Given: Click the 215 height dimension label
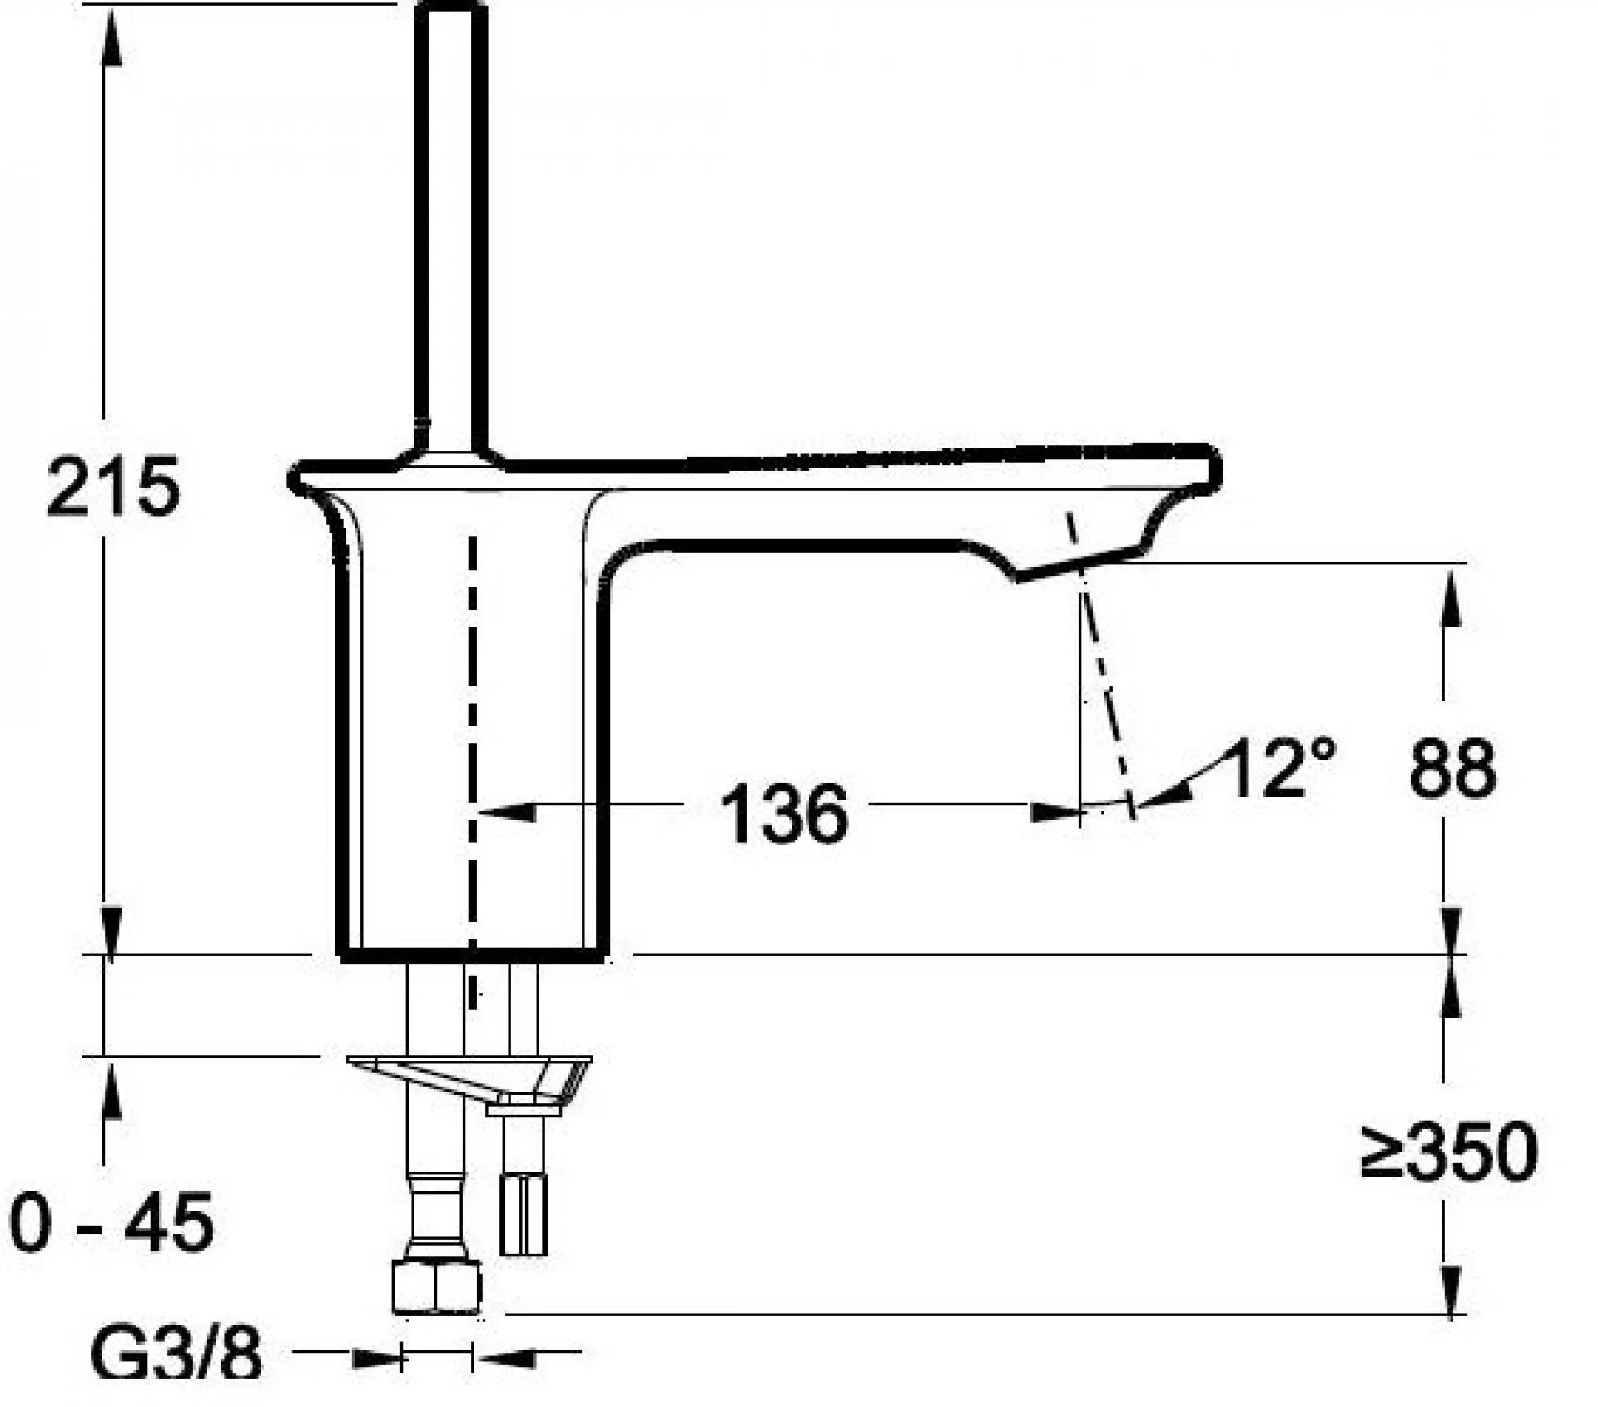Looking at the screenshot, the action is [x=113, y=487].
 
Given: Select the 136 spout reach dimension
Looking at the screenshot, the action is [x=784, y=814].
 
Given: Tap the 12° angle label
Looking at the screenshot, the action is [x=1280, y=767].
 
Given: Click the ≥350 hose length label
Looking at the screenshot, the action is [x=1449, y=1152].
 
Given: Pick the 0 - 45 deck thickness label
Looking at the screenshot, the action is [x=112, y=1222].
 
